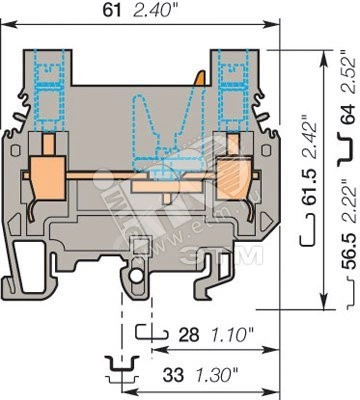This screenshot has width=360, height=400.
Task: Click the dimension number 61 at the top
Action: [x=112, y=10]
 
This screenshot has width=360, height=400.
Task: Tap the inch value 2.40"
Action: [x=152, y=11]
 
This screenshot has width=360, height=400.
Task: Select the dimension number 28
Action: [x=189, y=335]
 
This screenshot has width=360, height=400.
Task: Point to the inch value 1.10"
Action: [x=230, y=335]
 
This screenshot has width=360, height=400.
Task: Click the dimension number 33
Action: [x=173, y=375]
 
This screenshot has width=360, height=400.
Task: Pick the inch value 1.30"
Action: [x=214, y=375]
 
